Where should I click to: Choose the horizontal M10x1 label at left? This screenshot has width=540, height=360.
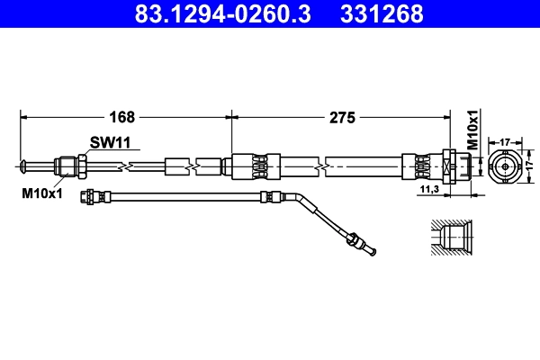(x=40, y=192)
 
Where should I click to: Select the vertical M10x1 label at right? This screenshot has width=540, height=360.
(x=472, y=129)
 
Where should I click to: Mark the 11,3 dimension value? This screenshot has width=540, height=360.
(x=428, y=190)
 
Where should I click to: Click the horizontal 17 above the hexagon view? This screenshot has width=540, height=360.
(x=505, y=141)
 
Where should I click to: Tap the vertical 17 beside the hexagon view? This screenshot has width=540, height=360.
(x=531, y=166)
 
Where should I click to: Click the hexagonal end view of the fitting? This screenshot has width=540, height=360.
(x=505, y=166)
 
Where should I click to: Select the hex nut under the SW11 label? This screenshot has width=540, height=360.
(x=81, y=166)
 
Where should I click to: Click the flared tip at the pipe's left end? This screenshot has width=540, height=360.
(x=22, y=165)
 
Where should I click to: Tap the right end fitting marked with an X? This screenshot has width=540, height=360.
(x=447, y=166)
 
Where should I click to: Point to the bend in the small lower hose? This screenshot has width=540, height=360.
(x=299, y=201)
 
